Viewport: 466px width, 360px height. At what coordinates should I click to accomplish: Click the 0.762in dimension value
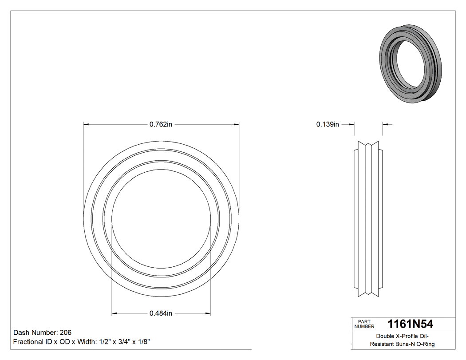(x=161, y=125)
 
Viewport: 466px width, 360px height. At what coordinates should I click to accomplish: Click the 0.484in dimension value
(x=161, y=313)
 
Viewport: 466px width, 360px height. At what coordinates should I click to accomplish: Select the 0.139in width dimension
(x=328, y=125)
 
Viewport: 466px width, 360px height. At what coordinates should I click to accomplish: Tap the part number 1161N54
(x=410, y=324)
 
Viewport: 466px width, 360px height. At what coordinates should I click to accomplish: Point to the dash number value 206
(x=65, y=332)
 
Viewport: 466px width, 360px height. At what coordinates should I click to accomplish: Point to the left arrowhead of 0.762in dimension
(x=86, y=125)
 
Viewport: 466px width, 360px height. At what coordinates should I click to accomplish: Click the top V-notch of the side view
(x=368, y=144)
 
